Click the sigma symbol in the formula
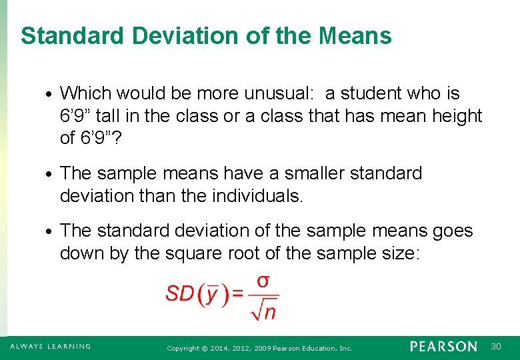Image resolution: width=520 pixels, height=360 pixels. [263, 281]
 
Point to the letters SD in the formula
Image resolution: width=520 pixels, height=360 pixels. [179, 294]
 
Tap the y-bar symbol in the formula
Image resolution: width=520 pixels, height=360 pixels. [211, 294]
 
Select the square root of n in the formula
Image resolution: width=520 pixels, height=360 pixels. [265, 309]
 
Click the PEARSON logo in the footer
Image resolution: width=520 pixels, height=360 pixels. [443, 347]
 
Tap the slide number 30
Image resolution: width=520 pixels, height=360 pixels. [496, 347]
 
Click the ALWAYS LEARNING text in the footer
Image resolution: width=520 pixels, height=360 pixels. [51, 347]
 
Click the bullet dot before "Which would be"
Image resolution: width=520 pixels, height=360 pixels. [51, 94]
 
